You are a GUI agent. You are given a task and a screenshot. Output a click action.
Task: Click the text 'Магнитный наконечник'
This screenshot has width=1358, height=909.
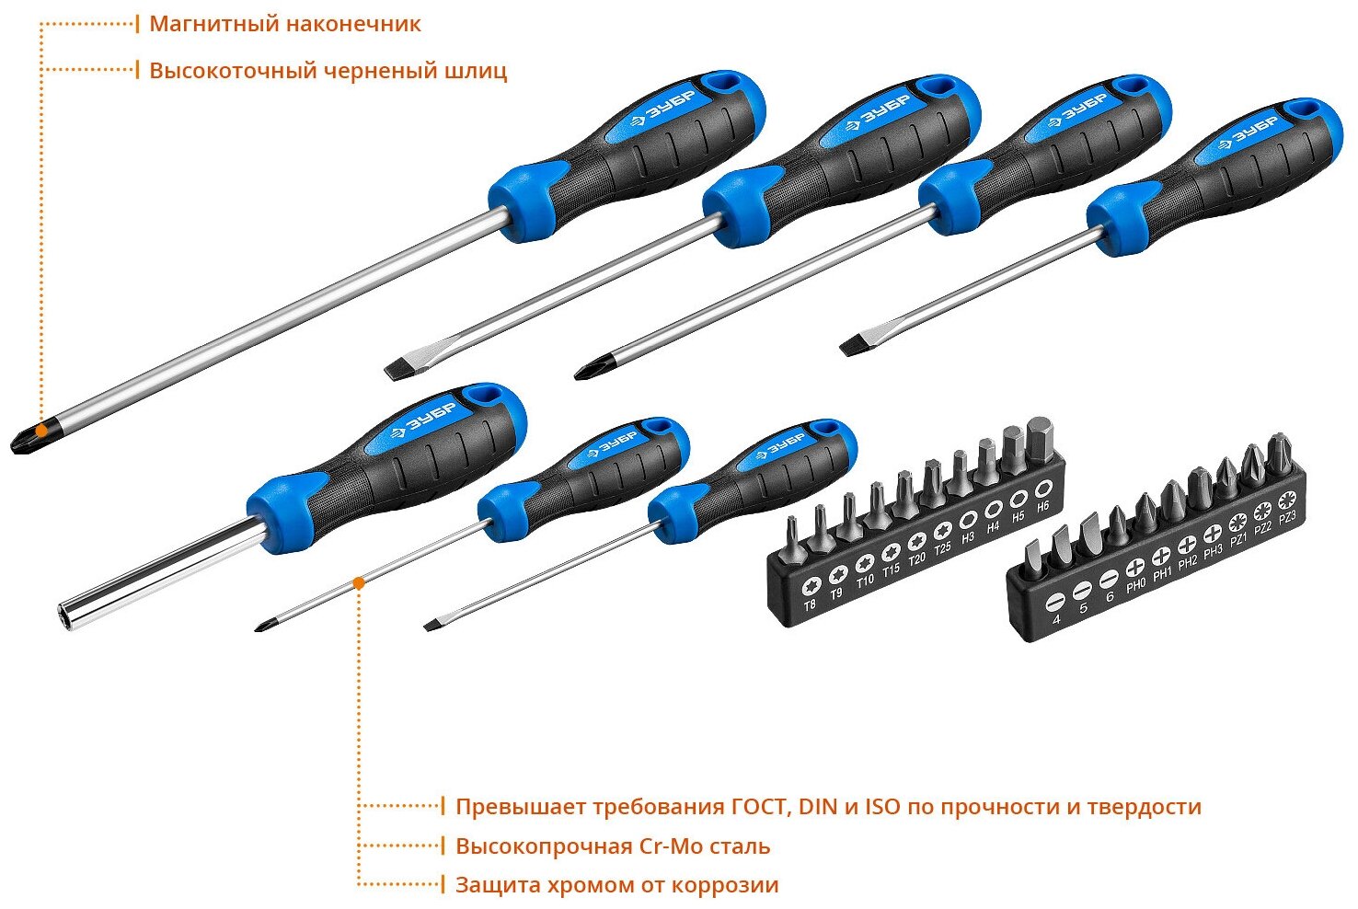[x=284, y=24]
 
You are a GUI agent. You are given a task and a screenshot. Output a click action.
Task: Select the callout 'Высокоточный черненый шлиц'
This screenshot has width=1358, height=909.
[x=328, y=71]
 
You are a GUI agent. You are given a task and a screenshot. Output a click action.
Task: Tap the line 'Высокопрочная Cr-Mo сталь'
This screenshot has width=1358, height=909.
[x=613, y=846]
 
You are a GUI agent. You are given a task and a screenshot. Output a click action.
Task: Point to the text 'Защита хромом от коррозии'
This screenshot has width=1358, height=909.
[x=616, y=885]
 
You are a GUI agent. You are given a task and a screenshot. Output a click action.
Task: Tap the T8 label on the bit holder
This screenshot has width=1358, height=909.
[x=810, y=604]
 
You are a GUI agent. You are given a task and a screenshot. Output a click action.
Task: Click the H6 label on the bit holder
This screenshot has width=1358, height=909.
[x=1042, y=506]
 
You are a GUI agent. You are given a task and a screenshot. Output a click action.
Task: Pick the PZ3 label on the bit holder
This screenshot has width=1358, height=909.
[x=1287, y=518]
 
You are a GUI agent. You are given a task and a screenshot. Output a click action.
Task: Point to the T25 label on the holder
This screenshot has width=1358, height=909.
[x=943, y=549]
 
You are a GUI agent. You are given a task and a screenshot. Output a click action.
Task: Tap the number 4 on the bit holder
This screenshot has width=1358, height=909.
[x=1056, y=619]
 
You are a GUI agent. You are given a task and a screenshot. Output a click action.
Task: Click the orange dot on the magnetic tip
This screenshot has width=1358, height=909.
[x=41, y=430]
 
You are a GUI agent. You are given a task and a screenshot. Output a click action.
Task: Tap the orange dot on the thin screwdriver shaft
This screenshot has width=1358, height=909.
[x=358, y=582]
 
